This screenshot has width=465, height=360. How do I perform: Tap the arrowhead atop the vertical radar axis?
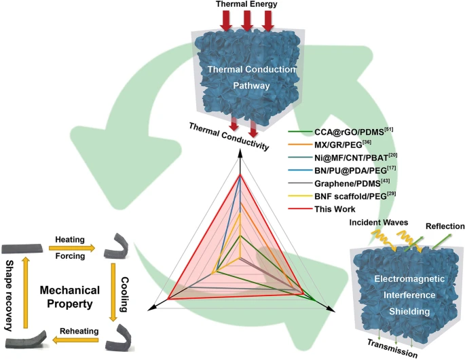(240, 156)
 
